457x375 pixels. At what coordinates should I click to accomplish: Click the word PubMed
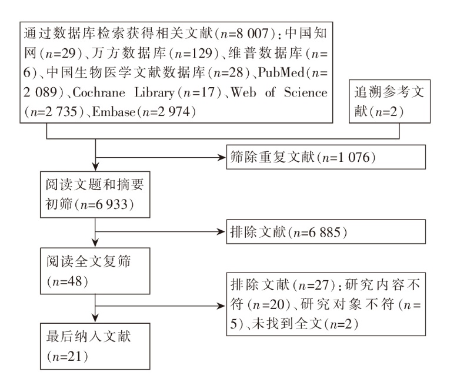point(281,72)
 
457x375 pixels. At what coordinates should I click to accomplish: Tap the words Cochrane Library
point(124,92)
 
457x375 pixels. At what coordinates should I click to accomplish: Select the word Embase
point(114,112)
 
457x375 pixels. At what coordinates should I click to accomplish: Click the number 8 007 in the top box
point(252,34)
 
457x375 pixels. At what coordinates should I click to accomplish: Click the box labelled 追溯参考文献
point(390,101)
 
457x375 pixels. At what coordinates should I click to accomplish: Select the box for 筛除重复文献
point(326,157)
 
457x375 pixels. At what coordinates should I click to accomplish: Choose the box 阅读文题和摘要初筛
point(95,194)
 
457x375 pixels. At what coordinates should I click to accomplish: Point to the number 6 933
point(112,204)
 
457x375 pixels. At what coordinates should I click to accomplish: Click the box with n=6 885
point(326,232)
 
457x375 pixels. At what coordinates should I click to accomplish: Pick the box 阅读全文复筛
point(95,271)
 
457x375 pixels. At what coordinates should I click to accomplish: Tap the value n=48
point(67,281)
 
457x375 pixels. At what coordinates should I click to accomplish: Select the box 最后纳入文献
point(95,346)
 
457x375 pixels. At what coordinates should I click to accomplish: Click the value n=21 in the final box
point(67,357)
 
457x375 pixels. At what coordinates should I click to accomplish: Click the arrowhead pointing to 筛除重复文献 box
point(223,158)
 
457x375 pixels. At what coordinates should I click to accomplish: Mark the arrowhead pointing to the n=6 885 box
point(223,232)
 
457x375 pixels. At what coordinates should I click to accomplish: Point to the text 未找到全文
point(287,324)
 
